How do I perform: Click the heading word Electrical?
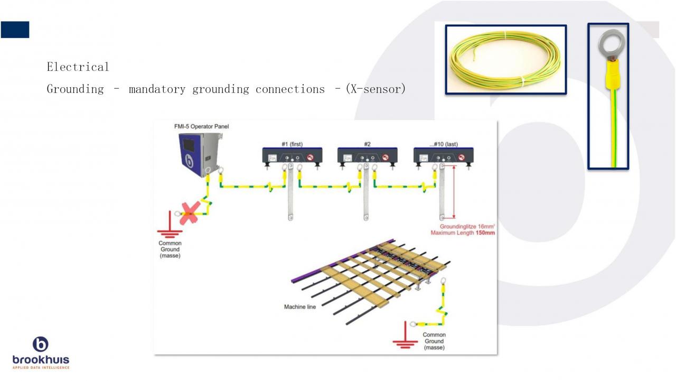(x=78, y=67)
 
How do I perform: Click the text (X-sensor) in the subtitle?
(x=375, y=89)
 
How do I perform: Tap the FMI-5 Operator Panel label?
(x=202, y=126)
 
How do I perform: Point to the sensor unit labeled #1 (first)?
(x=293, y=156)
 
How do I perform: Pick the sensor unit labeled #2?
(x=368, y=156)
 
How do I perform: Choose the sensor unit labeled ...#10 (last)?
(x=443, y=156)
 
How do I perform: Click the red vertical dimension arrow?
(x=454, y=191)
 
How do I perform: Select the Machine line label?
(x=299, y=306)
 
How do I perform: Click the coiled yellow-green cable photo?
(x=505, y=59)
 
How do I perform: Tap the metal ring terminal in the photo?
(x=608, y=46)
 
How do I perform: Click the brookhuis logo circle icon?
(x=41, y=345)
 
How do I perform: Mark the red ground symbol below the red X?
(x=170, y=231)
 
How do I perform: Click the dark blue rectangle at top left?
(x=15, y=30)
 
